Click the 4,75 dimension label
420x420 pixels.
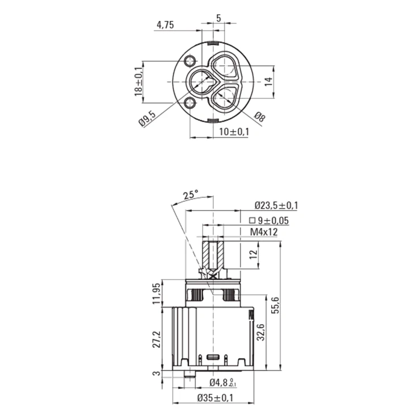coord(165,25)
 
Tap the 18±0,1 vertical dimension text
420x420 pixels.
coord(138,81)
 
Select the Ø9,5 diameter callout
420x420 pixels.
coord(147,119)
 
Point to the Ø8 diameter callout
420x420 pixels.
coord(260,117)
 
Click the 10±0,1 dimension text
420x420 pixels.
coord(234,132)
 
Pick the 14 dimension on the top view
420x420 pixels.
coord(268,81)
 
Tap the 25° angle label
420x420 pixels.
coord(191,195)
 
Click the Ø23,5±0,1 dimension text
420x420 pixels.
coord(276,205)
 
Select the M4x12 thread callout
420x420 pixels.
coord(264,232)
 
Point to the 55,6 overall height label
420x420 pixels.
coord(276,305)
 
